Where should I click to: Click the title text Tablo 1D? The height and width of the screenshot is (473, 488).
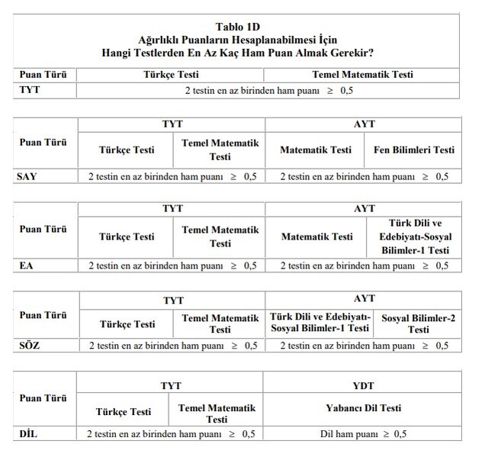pos(242,26)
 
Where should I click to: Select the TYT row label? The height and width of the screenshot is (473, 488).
pos(29,91)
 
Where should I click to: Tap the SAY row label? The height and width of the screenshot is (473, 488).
pos(27,177)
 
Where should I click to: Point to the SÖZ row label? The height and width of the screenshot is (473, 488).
pos(28,346)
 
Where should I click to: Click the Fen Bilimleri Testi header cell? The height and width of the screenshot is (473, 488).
pos(413,150)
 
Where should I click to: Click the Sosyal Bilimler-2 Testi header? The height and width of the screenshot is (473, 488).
pos(419,324)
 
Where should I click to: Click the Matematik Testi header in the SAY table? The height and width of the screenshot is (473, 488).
pos(316,150)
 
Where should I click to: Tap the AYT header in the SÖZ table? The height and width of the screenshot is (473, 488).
pos(359,299)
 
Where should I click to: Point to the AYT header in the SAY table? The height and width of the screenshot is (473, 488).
pos(359,123)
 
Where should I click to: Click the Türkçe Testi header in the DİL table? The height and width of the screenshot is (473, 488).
pos(124,412)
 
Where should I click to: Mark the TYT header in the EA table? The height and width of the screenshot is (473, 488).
pos(172,208)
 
